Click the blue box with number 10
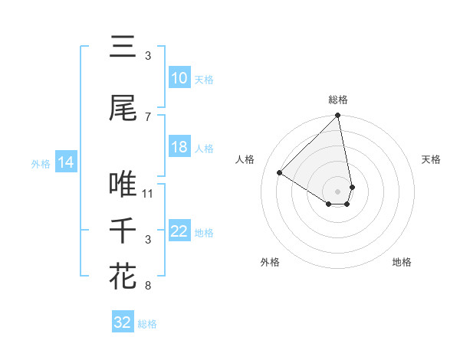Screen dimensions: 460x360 (x=179, y=78)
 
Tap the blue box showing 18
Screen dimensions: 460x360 (x=179, y=147)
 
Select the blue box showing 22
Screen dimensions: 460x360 (x=179, y=231)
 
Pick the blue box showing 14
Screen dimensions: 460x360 (x=65, y=162)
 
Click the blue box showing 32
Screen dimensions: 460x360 (x=123, y=322)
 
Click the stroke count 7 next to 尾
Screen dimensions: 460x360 (x=148, y=116)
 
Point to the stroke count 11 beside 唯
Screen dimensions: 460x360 (x=148, y=193)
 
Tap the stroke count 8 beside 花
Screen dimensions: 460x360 (x=148, y=286)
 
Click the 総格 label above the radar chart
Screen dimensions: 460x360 (x=338, y=100)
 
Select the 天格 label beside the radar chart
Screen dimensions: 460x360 (x=431, y=159)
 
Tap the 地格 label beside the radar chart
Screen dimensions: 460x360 (x=402, y=262)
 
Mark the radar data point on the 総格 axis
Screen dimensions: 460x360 (x=338, y=116)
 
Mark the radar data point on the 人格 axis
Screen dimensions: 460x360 (x=280, y=172)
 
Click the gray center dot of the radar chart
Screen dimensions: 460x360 (x=338, y=191)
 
